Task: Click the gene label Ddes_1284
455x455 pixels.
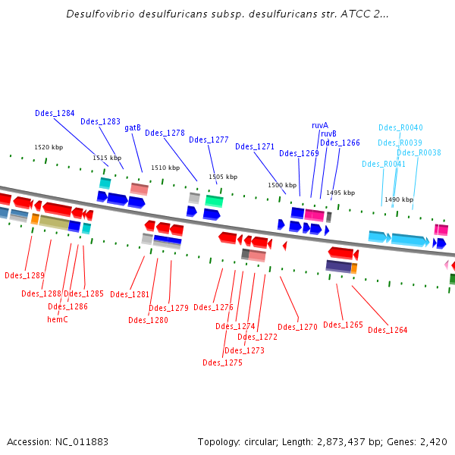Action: tap(55, 113)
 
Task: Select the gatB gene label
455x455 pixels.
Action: tap(133, 127)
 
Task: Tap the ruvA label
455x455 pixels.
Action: tap(320, 125)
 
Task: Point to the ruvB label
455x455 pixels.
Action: tap(328, 133)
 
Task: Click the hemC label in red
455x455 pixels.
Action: tap(58, 319)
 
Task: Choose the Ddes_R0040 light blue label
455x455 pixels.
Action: tap(400, 127)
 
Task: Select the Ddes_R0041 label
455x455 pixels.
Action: tap(383, 165)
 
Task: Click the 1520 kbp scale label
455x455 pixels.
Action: tap(49, 147)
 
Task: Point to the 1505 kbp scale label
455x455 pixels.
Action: tap(223, 177)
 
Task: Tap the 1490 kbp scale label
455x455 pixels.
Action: tap(399, 199)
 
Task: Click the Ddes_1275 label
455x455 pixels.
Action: tap(222, 362)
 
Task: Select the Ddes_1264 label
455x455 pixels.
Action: tap(388, 330)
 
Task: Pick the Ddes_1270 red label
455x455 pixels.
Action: tap(297, 327)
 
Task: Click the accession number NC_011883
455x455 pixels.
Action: tap(82, 442)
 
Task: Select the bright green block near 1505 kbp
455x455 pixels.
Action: tap(214, 201)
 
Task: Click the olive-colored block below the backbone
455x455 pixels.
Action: tap(54, 222)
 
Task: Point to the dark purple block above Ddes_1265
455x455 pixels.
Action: tap(339, 266)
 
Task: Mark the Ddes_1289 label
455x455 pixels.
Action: tap(25, 275)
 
